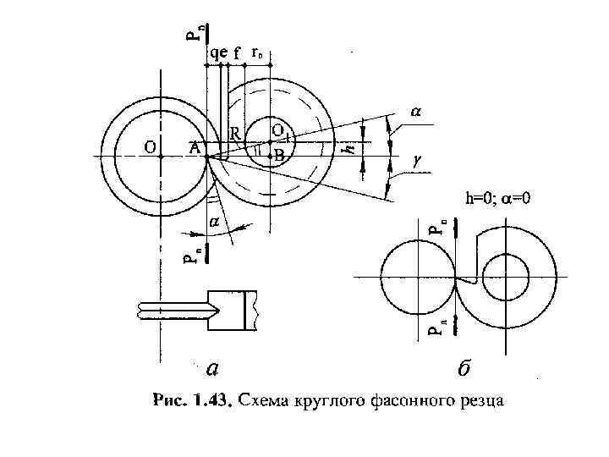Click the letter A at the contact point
coord(194,146)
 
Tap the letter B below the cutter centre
coord(279,156)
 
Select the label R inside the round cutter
coord(238,134)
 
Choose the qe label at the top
coord(217,52)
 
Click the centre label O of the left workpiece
coord(149,146)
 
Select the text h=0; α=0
coord(499,199)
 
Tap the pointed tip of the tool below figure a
coord(138,311)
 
